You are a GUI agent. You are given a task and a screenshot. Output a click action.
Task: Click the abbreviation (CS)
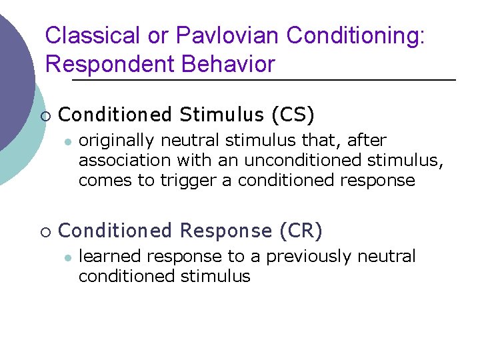click(x=293, y=115)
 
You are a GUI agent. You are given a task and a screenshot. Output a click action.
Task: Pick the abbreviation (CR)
click(x=301, y=231)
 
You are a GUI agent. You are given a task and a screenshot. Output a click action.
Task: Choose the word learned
click(x=110, y=257)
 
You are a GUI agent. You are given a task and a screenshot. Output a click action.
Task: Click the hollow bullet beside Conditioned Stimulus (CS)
click(x=45, y=116)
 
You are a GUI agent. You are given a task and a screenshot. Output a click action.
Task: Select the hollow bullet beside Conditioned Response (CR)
click(x=45, y=232)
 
